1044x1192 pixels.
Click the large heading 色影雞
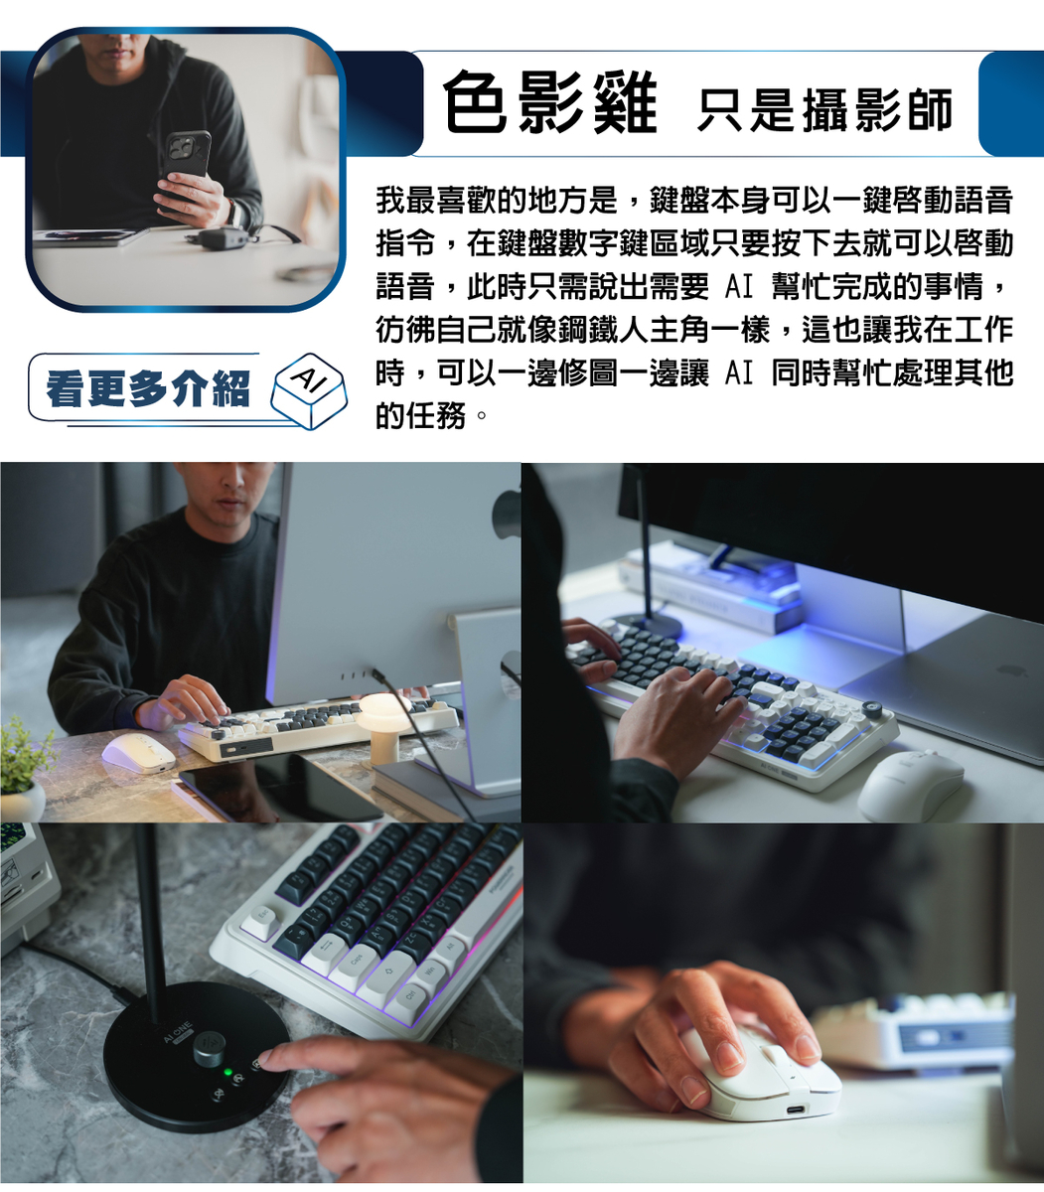[x=550, y=102]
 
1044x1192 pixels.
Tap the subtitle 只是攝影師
[x=824, y=110]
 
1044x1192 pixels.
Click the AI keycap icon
[x=309, y=390]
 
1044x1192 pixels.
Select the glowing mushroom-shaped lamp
[x=386, y=727]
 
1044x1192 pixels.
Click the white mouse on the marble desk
[x=139, y=753]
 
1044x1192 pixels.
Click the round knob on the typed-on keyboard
[x=872, y=709]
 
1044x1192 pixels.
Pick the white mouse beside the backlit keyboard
[x=911, y=787]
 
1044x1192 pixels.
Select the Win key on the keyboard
[x=430, y=971]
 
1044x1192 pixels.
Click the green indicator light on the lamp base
[x=228, y=1073]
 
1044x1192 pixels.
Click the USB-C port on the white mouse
[x=797, y=1108]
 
